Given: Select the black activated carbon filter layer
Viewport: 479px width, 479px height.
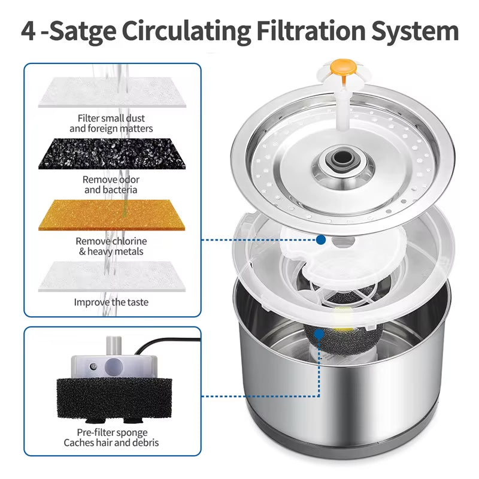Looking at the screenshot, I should tap(112, 154).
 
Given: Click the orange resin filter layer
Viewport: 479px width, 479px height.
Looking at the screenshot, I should tap(112, 216).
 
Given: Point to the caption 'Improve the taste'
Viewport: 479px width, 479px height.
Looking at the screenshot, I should tap(111, 302).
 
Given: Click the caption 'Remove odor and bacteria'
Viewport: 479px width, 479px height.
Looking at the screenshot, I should tap(111, 184).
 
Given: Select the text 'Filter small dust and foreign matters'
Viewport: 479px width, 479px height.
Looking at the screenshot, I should tap(111, 123).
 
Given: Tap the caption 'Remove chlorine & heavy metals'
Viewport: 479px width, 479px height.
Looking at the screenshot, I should tap(111, 246).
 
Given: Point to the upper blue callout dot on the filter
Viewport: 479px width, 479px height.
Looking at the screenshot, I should tap(321, 240).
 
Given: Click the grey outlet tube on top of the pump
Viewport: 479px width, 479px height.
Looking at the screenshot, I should tap(111, 347).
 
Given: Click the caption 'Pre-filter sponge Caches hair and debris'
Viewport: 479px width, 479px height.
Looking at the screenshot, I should tap(111, 438).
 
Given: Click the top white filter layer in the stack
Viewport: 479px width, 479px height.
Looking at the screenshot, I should tap(112, 93).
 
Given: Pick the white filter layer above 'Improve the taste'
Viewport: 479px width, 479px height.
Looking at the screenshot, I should tap(112, 276).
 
